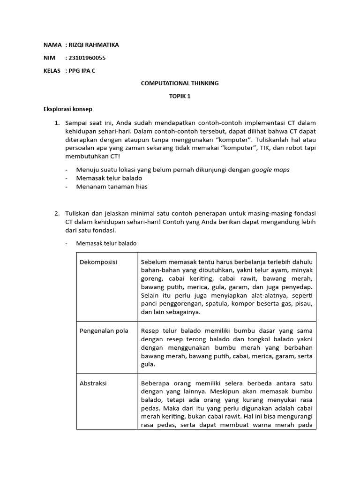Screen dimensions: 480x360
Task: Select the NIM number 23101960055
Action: coord(89,58)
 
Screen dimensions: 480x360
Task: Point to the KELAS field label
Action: coord(52,71)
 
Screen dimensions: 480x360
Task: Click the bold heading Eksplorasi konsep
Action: coord(68,109)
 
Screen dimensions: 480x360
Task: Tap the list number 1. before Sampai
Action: coord(57,123)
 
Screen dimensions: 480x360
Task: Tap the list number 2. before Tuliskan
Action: coord(57,213)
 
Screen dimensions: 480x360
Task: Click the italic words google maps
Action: coord(270,170)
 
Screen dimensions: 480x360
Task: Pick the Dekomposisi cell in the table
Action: coord(99,262)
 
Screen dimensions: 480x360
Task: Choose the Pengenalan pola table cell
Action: coord(105,330)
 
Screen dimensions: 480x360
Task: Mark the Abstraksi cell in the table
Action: coord(94,383)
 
